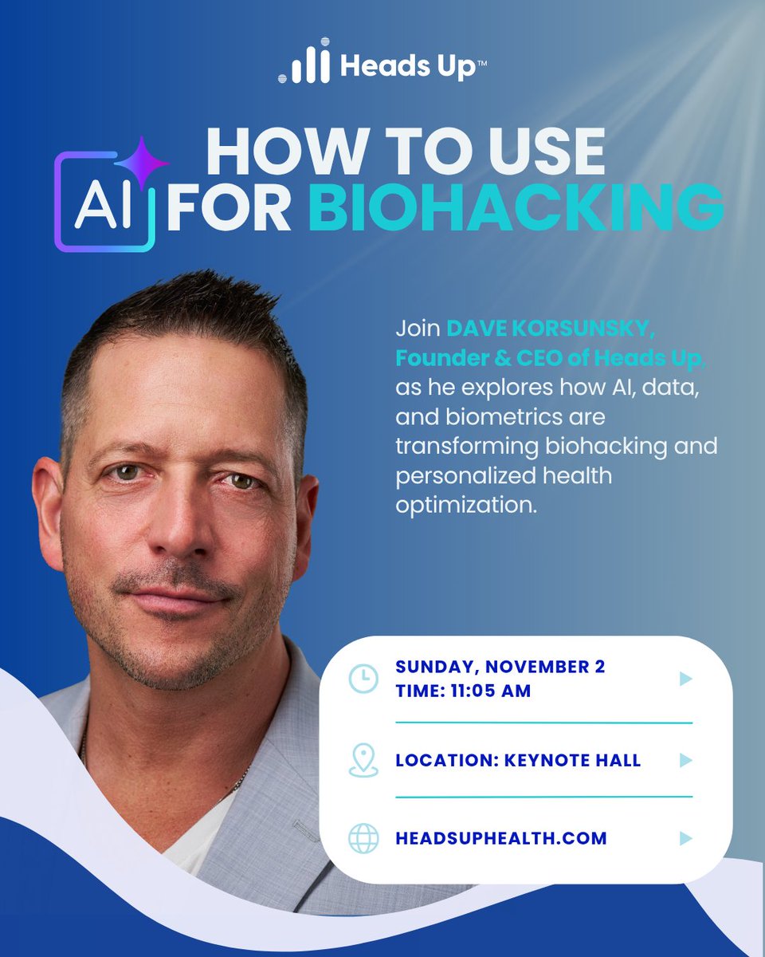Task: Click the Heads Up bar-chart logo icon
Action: [304, 62]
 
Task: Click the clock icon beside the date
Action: [363, 679]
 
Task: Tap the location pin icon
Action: [363, 760]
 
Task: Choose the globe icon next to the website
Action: [363, 839]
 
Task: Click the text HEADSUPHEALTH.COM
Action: [500, 839]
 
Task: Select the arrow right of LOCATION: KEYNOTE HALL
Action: [685, 760]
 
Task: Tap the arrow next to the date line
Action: [685, 679]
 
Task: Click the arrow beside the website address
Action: [685, 839]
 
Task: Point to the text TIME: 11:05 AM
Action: [463, 691]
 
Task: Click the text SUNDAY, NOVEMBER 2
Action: [500, 667]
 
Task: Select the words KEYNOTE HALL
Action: [572, 760]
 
